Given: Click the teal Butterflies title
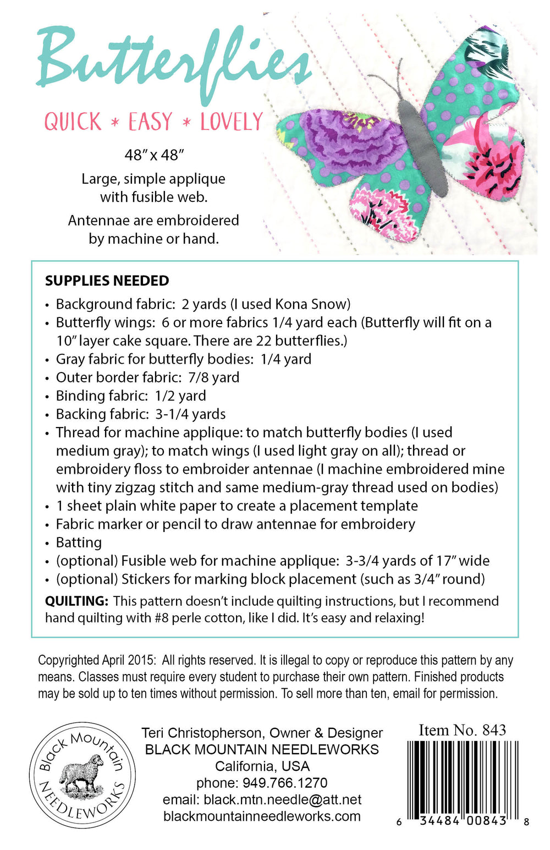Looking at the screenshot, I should tap(173, 63).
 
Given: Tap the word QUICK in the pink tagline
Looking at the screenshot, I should tap(73, 122).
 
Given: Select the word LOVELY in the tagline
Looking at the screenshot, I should tap(232, 122).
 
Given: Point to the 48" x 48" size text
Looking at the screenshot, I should tap(154, 155).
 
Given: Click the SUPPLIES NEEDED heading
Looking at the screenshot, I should tap(107, 281).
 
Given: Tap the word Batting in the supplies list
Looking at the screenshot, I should tap(79, 542).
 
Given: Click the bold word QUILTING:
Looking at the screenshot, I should tap(76, 601).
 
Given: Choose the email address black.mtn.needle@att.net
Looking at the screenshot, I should tap(282, 799).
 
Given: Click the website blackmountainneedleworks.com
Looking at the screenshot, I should tap(262, 816).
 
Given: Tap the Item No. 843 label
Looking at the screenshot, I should tap(462, 730).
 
